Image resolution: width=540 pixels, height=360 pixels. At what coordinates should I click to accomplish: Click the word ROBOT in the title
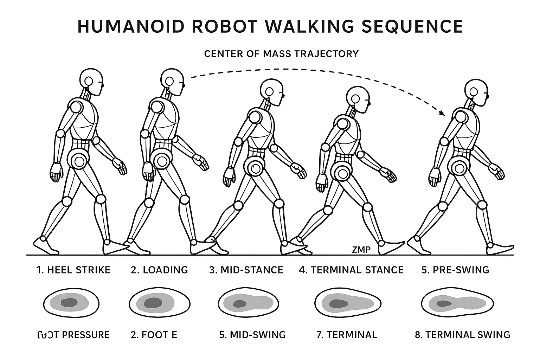236,26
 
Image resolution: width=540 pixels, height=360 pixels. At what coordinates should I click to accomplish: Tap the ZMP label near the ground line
361,250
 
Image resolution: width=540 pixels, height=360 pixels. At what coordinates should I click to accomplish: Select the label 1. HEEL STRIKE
73,270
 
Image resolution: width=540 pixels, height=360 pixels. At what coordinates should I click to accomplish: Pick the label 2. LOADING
159,270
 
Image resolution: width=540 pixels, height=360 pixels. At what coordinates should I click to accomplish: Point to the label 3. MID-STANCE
246,270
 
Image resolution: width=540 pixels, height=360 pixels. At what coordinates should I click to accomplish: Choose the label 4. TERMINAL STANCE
351,270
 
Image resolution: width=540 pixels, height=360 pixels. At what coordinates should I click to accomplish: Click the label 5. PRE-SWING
455,270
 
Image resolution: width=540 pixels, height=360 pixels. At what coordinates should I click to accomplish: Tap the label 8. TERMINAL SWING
462,335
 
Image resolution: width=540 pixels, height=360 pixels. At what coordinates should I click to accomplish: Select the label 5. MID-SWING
252,335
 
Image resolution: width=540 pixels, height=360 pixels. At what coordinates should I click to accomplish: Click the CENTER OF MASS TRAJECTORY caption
281,54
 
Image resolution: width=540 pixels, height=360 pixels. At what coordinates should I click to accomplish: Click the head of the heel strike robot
91,81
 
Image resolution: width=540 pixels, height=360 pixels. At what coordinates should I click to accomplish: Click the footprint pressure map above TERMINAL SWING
456,303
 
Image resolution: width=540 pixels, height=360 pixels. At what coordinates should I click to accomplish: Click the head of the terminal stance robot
358,99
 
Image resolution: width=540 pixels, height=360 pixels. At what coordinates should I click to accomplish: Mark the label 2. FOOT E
154,335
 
